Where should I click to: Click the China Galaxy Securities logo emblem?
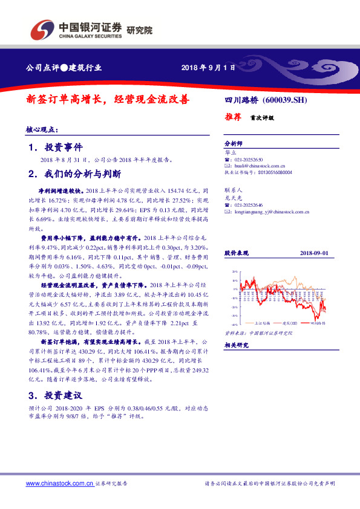point(43,28)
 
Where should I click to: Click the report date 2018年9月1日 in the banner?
point(208,67)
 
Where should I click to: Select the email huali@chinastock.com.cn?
point(258,165)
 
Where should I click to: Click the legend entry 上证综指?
point(261,323)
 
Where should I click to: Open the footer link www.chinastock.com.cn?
point(59,484)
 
